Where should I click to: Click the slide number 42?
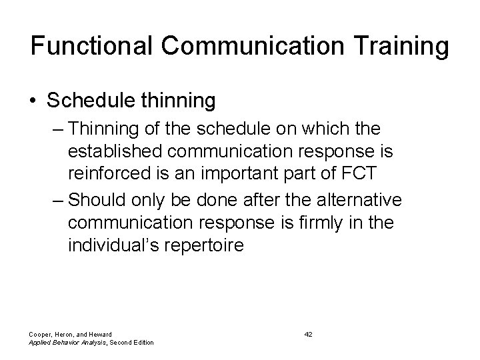(308, 333)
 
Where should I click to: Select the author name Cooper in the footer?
(41, 333)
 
